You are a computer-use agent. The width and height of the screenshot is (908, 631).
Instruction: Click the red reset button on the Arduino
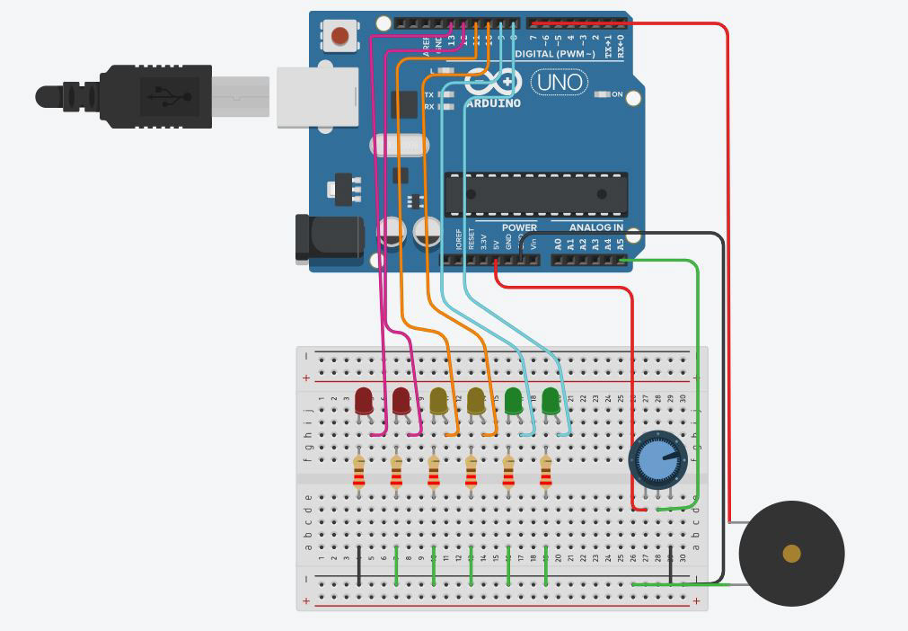[x=340, y=36]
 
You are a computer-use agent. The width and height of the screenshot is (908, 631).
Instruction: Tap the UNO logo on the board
[x=560, y=83]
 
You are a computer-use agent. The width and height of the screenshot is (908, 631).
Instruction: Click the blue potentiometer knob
[x=657, y=460]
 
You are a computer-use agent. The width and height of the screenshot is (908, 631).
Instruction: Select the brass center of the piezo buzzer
[x=791, y=553]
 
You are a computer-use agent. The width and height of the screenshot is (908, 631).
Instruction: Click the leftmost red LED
[x=364, y=401]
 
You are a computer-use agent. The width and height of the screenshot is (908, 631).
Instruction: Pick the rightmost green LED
[x=551, y=401]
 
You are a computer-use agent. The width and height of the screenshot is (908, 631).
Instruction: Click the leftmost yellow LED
[x=438, y=401]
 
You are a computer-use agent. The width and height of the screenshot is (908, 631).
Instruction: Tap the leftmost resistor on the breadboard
[x=359, y=470]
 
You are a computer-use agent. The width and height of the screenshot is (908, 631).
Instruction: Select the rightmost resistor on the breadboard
[x=546, y=470]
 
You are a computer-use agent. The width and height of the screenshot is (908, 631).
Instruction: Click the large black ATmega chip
[x=536, y=194]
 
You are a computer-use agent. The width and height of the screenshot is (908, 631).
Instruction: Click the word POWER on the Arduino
[x=519, y=227]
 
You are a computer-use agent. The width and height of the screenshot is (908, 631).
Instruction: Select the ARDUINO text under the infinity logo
[x=493, y=103]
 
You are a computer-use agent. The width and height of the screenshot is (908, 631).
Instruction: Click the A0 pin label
[x=558, y=244]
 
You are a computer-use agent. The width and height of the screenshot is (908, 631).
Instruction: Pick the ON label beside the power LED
[x=617, y=93]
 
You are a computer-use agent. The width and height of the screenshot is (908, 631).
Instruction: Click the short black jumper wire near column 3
[x=359, y=565]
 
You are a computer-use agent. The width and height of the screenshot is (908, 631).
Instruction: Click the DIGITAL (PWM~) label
[x=556, y=54]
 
